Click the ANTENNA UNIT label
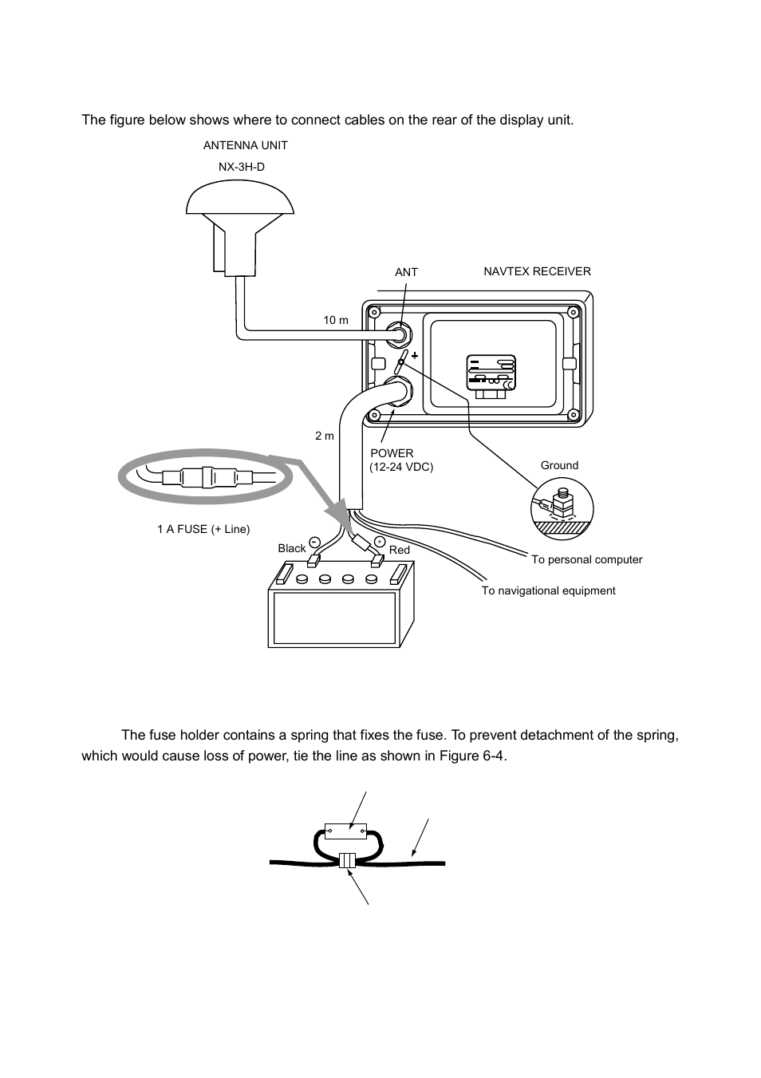pyautogui.click(x=245, y=145)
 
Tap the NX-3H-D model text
pyautogui.click(x=242, y=168)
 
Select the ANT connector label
pyautogui.click(x=406, y=272)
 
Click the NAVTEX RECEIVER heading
pyautogui.click(x=537, y=271)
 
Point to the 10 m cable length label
pyautogui.click(x=335, y=320)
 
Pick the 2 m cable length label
pyautogui.click(x=324, y=436)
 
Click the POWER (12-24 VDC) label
pyautogui.click(x=400, y=460)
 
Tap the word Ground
pyautogui.click(x=559, y=465)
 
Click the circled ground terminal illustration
pyautogui.click(x=562, y=509)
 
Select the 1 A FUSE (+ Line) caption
pyautogui.click(x=203, y=529)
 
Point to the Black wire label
pyautogui.click(x=291, y=548)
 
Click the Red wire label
pyautogui.click(x=399, y=550)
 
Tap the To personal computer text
pyautogui.click(x=586, y=559)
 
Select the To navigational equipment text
pyautogui.click(x=548, y=590)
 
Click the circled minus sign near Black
pyautogui.click(x=313, y=542)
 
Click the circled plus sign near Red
pyautogui.click(x=380, y=543)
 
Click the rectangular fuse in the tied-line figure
pyautogui.click(x=345, y=831)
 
